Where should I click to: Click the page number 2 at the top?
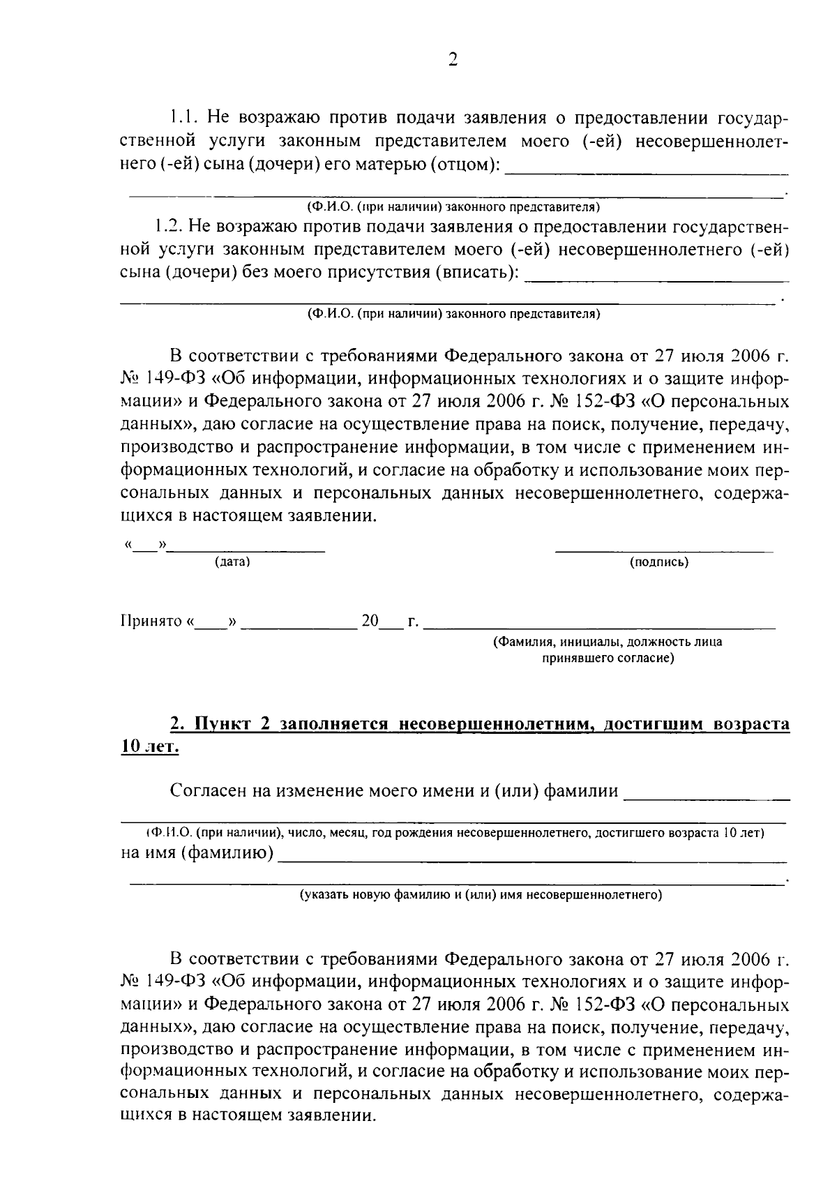coord(453,60)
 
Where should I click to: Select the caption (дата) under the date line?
coord(232,562)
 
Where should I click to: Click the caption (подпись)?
coord(659,562)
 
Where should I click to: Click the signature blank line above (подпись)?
coord(663,551)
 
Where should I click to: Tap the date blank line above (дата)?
coord(247,551)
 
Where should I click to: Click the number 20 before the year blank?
coord(370,621)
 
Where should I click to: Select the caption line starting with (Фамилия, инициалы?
coord(607,642)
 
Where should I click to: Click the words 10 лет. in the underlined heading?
coord(150,746)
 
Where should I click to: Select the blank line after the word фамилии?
coord(706,797)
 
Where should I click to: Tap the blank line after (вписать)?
coord(656,279)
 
